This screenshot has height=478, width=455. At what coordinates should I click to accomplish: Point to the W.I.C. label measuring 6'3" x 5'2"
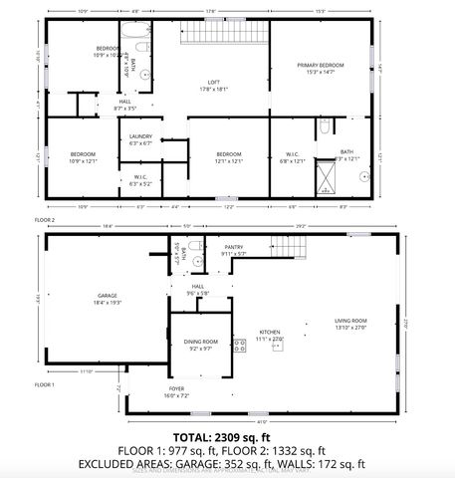click(139, 180)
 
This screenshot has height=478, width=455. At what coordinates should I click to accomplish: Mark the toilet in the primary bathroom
click(325, 126)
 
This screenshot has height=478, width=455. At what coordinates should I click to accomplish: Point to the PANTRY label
click(234, 249)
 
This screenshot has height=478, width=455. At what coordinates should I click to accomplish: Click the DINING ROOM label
click(201, 344)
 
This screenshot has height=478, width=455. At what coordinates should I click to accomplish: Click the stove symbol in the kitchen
click(239, 346)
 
